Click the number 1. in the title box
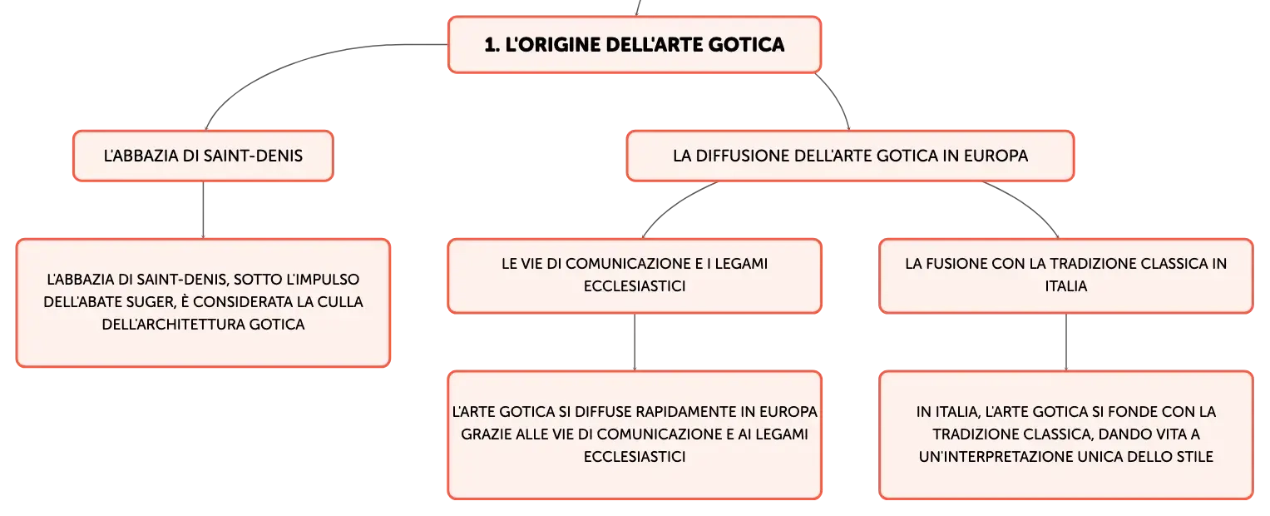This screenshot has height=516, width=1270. (x=492, y=45)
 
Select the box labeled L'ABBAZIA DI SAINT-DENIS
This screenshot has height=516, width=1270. (x=203, y=156)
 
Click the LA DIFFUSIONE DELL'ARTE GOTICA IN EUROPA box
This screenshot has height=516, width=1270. (x=850, y=156)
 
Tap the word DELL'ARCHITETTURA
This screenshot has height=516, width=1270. (x=174, y=325)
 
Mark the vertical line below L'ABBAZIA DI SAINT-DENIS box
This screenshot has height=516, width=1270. (x=203, y=210)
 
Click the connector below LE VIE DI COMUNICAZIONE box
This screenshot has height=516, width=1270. (x=635, y=342)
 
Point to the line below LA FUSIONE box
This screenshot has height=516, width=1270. (x=1066, y=342)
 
